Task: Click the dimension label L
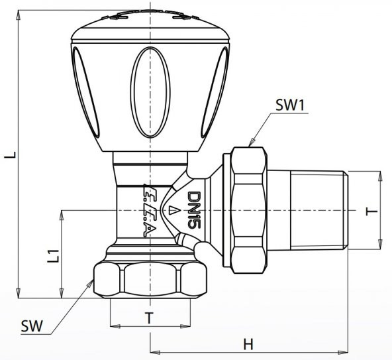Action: tap(9, 155)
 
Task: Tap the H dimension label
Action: tap(248, 344)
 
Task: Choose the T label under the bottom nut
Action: tap(149, 318)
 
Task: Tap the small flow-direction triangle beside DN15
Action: tap(173, 211)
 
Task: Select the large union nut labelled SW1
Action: tap(248, 209)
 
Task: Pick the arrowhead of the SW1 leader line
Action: tap(250, 144)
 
